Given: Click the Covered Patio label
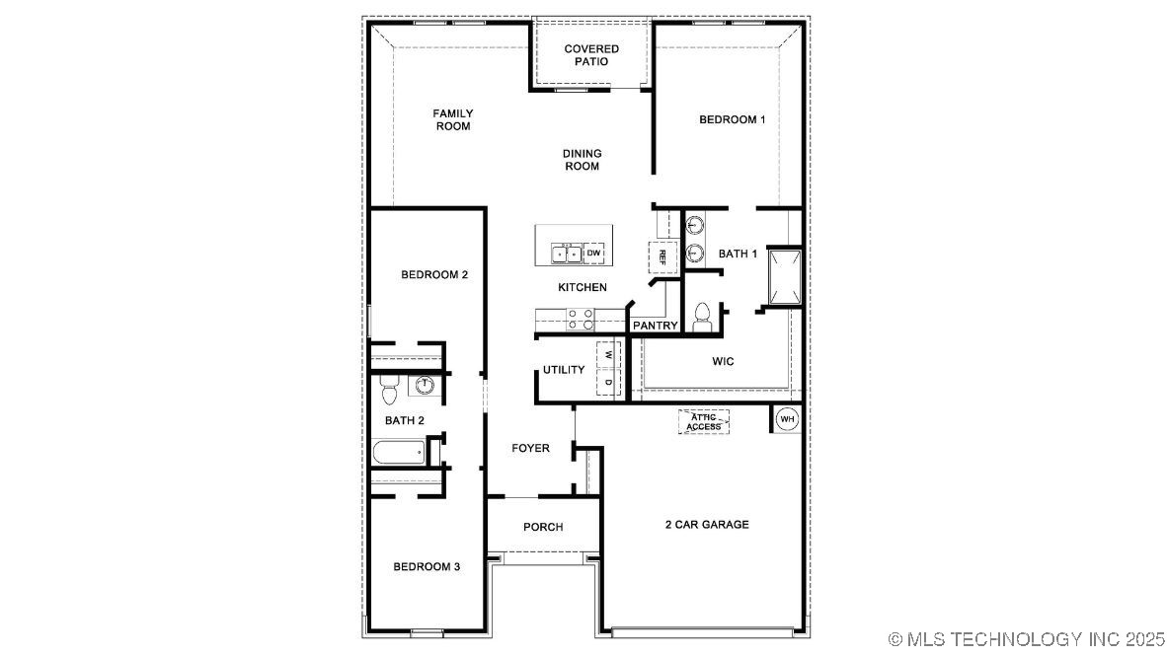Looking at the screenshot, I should tap(591, 55).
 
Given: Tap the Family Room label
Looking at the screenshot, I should tap(453, 119).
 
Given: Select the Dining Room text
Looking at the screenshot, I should tap(583, 160).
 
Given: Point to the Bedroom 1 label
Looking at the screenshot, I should tap(732, 119).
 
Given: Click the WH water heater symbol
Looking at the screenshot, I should tap(787, 419).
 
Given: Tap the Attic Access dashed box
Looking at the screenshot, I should tap(704, 422).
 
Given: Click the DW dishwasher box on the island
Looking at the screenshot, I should tap(594, 254).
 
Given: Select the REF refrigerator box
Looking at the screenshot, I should tap(662, 256).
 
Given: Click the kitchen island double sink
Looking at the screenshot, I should tap(566, 254).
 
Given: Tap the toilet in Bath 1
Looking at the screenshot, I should tap(702, 315).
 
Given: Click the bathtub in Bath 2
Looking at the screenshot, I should tap(399, 453).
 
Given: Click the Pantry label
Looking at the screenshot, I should tap(655, 326).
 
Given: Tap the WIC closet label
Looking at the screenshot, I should tap(723, 361).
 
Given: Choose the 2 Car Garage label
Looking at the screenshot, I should tap(706, 524).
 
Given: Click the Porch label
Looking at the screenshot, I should tap(543, 527).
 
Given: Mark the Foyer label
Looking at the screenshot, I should tap(530, 448).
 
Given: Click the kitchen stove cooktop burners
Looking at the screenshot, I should tap(581, 319).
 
